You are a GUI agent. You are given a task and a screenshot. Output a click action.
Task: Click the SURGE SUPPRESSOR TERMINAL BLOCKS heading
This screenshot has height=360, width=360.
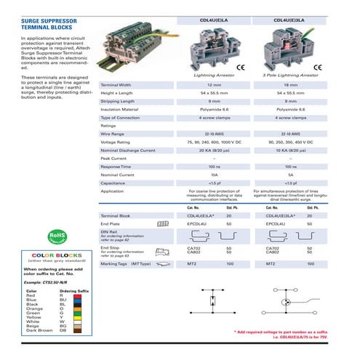click(46, 26)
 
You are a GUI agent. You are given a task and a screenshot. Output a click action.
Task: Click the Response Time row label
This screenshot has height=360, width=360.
click(116, 167)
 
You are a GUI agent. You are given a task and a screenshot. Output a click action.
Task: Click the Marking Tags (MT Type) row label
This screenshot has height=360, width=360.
click(126, 263)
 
